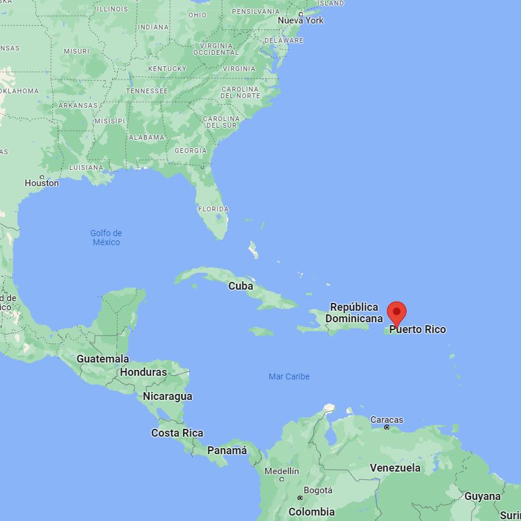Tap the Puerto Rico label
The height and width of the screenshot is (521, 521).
click(418, 329)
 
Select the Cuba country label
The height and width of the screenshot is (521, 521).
click(240, 286)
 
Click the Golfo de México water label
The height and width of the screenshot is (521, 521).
click(106, 237)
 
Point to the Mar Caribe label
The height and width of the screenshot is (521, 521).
click(289, 376)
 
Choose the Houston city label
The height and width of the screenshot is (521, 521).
click(42, 183)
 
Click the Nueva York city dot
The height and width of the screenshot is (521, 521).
click(301, 14)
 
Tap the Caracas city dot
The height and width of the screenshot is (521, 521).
click(387, 428)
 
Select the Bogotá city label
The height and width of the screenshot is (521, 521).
click(317, 490)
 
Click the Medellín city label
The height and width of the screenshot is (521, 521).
click(281, 471)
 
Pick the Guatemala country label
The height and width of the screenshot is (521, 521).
click(102, 359)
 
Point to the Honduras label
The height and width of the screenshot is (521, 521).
click(143, 372)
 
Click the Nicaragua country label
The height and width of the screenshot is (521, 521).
click(167, 396)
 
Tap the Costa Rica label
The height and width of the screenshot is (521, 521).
click(177, 433)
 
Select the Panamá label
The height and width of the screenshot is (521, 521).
click(227, 451)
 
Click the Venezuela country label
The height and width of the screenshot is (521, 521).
click(395, 468)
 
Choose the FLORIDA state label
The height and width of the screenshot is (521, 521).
click(213, 209)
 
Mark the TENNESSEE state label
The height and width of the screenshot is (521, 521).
click(147, 91)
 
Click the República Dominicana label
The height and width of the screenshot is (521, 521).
click(354, 313)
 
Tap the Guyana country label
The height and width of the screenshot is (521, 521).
click(482, 497)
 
